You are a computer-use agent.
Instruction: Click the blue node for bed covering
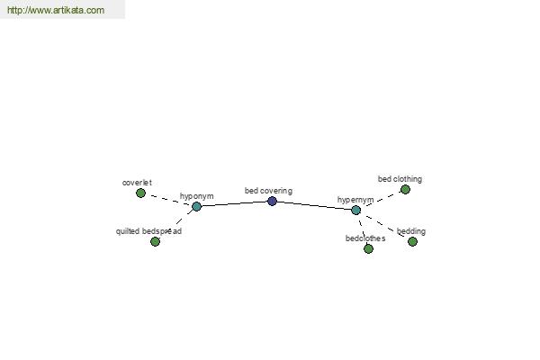(272, 202)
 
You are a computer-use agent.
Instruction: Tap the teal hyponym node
(196, 206)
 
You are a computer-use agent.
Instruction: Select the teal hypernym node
(356, 210)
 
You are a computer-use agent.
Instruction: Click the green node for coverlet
(140, 193)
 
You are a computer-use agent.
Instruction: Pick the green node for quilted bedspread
(156, 241)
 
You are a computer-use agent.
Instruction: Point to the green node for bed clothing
(405, 190)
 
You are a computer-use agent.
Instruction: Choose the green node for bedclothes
(368, 248)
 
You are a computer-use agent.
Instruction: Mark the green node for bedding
(412, 241)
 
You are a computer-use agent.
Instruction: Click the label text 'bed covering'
(268, 191)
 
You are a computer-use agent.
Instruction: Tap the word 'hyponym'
(196, 196)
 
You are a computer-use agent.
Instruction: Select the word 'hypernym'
(355, 200)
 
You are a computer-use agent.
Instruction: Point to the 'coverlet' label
(137, 183)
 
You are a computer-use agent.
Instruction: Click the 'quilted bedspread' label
(148, 231)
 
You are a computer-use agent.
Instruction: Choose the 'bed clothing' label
(400, 179)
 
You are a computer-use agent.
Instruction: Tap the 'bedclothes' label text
(365, 238)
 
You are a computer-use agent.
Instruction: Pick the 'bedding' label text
(411, 231)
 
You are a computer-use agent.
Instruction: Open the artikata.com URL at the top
(56, 10)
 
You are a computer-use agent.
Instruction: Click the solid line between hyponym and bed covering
(234, 203)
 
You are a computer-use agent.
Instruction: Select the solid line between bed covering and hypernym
(314, 205)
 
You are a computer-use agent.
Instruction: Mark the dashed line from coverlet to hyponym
(169, 200)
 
